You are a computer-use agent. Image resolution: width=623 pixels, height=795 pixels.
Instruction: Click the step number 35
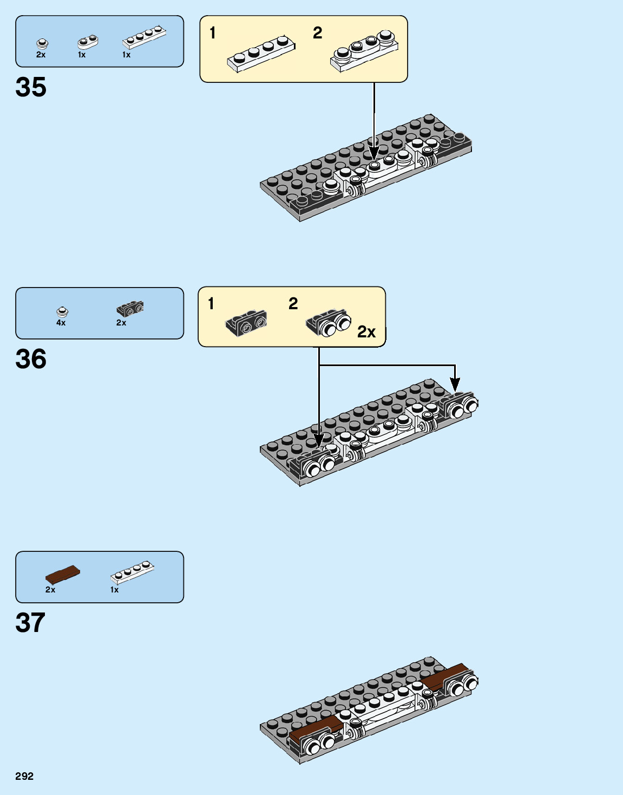click(x=31, y=87)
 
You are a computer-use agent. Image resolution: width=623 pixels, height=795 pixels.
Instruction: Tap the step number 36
click(x=31, y=359)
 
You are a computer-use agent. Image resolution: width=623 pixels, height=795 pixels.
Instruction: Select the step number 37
click(x=30, y=623)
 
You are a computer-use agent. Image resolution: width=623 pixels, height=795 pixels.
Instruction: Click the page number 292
click(x=24, y=776)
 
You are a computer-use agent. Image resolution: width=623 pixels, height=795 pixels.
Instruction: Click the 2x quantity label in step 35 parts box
click(x=41, y=55)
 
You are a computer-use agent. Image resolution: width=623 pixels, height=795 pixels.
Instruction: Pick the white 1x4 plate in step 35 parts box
click(x=144, y=37)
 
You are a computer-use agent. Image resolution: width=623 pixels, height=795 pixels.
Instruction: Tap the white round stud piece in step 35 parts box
click(x=42, y=43)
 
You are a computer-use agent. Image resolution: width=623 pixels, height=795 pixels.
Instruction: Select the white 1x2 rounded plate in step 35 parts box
click(x=88, y=42)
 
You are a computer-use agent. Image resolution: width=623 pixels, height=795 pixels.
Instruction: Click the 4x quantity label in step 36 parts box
click(x=61, y=323)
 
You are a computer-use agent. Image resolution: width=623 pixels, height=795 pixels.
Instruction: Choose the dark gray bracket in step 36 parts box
click(x=130, y=309)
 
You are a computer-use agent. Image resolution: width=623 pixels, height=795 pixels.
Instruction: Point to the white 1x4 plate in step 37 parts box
click(x=132, y=572)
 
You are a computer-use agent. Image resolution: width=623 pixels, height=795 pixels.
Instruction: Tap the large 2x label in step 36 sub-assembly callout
click(x=366, y=331)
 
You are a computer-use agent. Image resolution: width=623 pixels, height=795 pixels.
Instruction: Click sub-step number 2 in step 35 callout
click(x=318, y=33)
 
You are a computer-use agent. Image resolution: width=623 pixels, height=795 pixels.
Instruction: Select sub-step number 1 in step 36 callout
click(x=211, y=304)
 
